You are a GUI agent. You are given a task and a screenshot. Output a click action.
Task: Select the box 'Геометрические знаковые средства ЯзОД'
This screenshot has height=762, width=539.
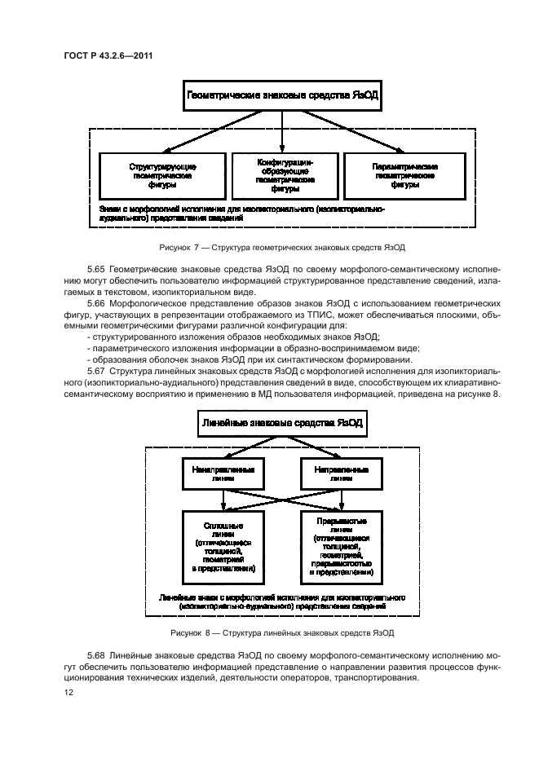tap(282, 95)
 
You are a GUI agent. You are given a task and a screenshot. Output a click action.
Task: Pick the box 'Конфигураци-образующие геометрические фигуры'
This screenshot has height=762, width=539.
tap(282, 175)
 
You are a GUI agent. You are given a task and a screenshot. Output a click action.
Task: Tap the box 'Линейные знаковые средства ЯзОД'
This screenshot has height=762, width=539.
tap(281, 425)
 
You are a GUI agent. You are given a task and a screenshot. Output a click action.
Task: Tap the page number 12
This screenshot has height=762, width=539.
tap(69, 692)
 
